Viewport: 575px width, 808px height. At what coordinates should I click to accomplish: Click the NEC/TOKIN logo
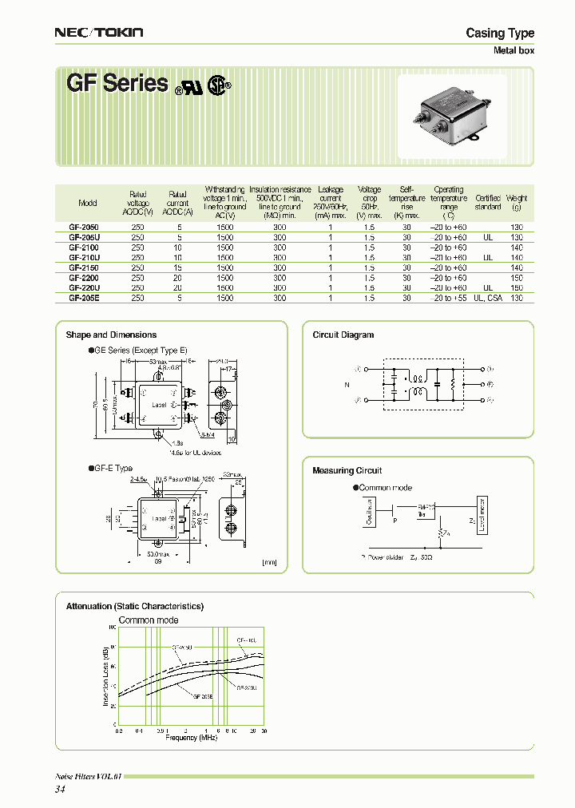point(98,32)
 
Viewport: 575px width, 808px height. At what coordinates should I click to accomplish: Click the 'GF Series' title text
point(117,84)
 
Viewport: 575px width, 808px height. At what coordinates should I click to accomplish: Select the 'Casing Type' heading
point(500,33)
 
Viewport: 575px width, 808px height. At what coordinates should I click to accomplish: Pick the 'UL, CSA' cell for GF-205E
point(488,298)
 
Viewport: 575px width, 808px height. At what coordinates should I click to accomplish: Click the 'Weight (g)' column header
point(517,203)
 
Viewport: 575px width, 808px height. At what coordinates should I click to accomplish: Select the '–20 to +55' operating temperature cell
point(448,298)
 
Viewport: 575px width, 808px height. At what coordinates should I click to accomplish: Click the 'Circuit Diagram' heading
point(343,335)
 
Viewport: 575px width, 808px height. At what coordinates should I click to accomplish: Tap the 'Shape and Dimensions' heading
point(111,335)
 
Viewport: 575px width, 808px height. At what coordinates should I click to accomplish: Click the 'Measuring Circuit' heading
point(347,471)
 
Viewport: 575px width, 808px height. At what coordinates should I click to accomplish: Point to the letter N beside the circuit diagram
point(347,384)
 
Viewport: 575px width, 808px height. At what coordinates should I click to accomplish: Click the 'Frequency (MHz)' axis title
point(192,738)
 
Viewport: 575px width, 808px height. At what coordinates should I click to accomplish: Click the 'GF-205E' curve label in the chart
point(203,696)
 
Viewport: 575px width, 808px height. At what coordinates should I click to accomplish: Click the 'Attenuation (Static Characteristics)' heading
point(134,607)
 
